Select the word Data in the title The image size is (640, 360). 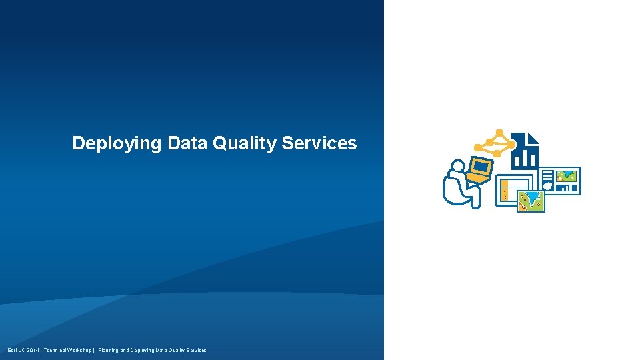[x=188, y=143]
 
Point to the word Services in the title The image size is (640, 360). [x=319, y=143]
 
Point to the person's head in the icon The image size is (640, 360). [x=457, y=165]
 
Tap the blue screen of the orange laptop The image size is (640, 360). [x=481, y=167]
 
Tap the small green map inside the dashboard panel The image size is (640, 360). [x=567, y=176]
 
